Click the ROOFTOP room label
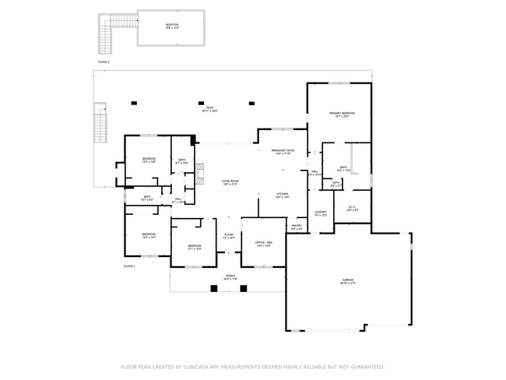171,25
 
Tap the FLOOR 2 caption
104,61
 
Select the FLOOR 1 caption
129,266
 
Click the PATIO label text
210,108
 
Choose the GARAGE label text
348,280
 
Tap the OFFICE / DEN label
263,243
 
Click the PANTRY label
297,227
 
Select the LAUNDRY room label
320,212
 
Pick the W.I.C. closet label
352,206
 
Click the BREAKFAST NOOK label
283,150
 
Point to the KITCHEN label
283,195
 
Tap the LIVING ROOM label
230,181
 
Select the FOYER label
229,234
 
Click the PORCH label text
230,276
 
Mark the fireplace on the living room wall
199,171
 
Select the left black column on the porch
214,288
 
